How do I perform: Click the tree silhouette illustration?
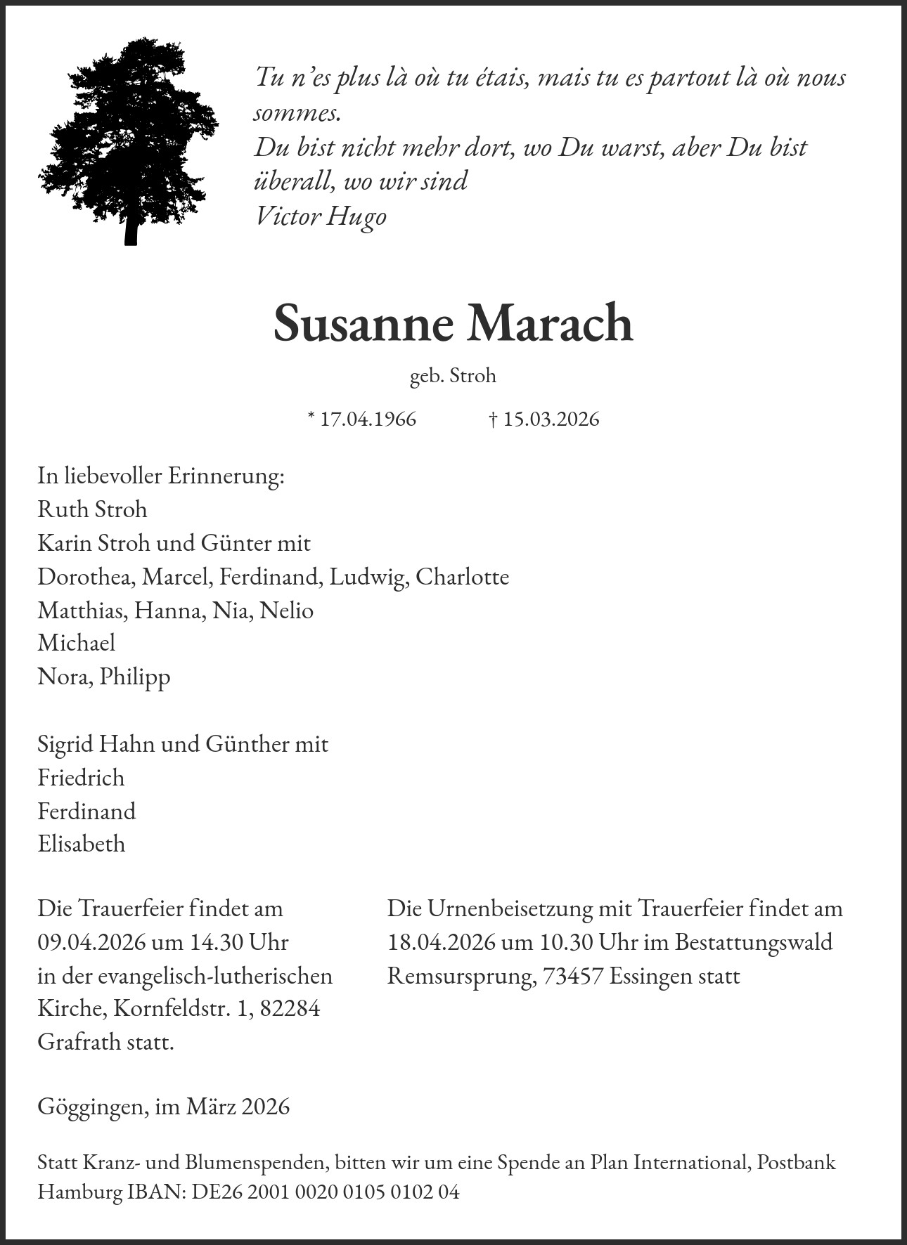tap(129, 133)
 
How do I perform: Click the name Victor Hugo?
tap(320, 216)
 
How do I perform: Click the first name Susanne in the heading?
tap(364, 323)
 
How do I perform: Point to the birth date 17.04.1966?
tap(368, 419)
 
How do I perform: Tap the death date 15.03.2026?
tap(551, 419)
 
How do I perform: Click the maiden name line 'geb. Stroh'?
tap(453, 376)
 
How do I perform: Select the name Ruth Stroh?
tap(92, 509)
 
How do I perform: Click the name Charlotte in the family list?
tap(462, 577)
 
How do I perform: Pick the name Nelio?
tap(286, 610)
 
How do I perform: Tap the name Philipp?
tap(135, 677)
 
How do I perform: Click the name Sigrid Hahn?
tap(96, 744)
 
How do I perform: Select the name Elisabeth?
tap(82, 844)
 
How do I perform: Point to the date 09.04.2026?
tap(91, 942)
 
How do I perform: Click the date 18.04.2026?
tap(442, 942)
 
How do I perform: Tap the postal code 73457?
tap(573, 976)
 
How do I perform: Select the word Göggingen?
tap(91, 1107)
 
